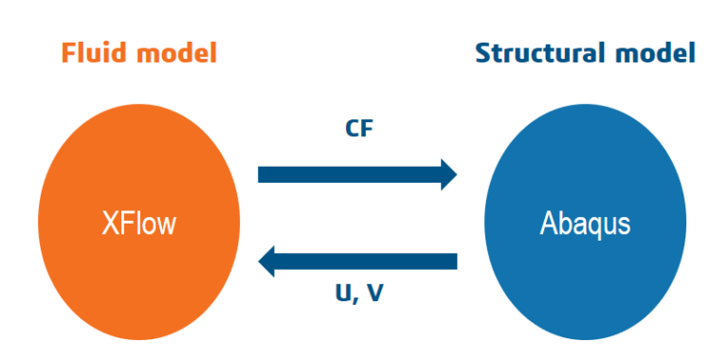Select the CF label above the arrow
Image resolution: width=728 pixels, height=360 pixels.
pos(359,128)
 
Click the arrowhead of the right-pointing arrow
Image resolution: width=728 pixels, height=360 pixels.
pos(446,174)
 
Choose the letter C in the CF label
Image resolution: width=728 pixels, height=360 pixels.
pos(352,128)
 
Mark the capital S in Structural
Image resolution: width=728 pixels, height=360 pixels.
pos(482,52)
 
